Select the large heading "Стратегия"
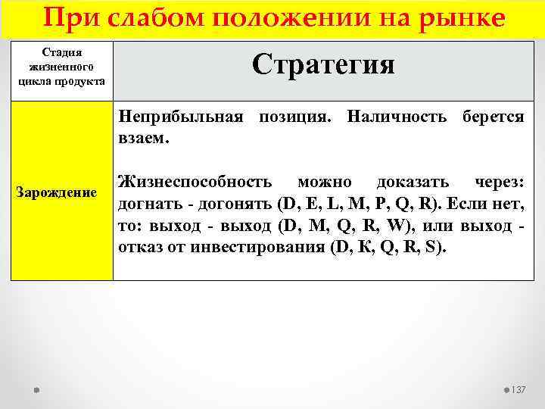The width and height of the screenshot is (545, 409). pyautogui.click(x=323, y=64)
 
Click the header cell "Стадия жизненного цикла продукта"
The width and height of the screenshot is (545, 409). pyautogui.click(x=62, y=67)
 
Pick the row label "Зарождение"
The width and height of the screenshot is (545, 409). pyautogui.click(x=57, y=192)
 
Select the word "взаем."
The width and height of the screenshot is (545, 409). pyautogui.click(x=144, y=139)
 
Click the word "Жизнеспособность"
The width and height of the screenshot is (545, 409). pyautogui.click(x=195, y=183)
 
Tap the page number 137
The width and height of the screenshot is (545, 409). pyautogui.click(x=519, y=389)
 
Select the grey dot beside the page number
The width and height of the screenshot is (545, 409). pyautogui.click(x=506, y=389)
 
